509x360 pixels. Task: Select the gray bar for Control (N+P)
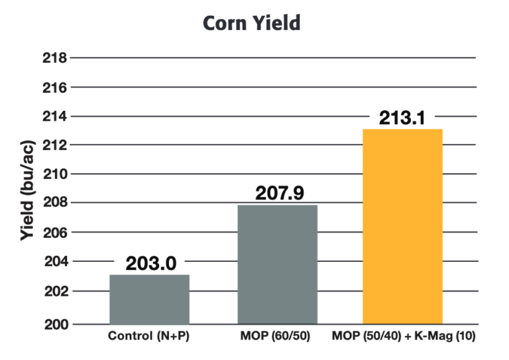pyautogui.click(x=149, y=299)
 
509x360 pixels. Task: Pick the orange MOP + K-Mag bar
pyautogui.click(x=403, y=226)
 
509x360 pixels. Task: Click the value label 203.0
pyautogui.click(x=151, y=263)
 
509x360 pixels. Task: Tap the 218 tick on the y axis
pyautogui.click(x=54, y=58)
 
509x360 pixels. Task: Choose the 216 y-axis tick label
pyautogui.click(x=54, y=87)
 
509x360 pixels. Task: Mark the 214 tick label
pyautogui.click(x=54, y=116)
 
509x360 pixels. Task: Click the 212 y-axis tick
pyautogui.click(x=54, y=145)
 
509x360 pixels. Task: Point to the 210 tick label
pyautogui.click(x=54, y=174)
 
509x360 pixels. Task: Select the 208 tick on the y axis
pyautogui.click(x=54, y=202)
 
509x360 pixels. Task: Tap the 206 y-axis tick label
pyautogui.click(x=54, y=232)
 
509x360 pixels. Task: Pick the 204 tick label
pyautogui.click(x=54, y=261)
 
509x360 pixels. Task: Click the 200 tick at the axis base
pyautogui.click(x=54, y=324)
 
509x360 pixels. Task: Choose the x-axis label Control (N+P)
pyautogui.click(x=149, y=337)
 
